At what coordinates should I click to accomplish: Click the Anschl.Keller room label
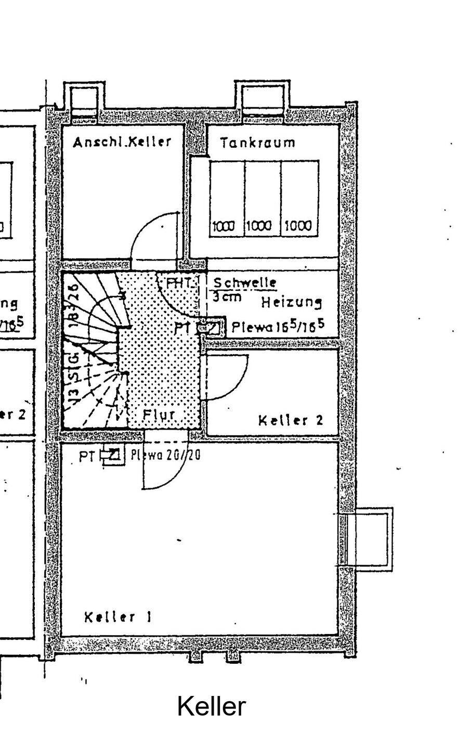pos(122,142)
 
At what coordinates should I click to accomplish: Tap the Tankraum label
pos(257,143)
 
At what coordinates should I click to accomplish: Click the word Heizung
pos(291,302)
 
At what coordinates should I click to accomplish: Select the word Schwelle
pos(245,283)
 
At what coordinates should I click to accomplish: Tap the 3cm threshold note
pos(227,297)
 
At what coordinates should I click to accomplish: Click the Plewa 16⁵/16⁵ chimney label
pos(278,327)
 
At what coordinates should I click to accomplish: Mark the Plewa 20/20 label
pos(165,455)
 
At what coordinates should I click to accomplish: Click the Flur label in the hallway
pos(159,415)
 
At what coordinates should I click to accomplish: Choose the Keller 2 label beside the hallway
pos(291,420)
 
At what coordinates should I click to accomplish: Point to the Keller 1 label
pos(118,617)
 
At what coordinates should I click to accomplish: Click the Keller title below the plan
pos(211,707)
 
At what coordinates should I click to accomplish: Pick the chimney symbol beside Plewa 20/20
pos(113,456)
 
